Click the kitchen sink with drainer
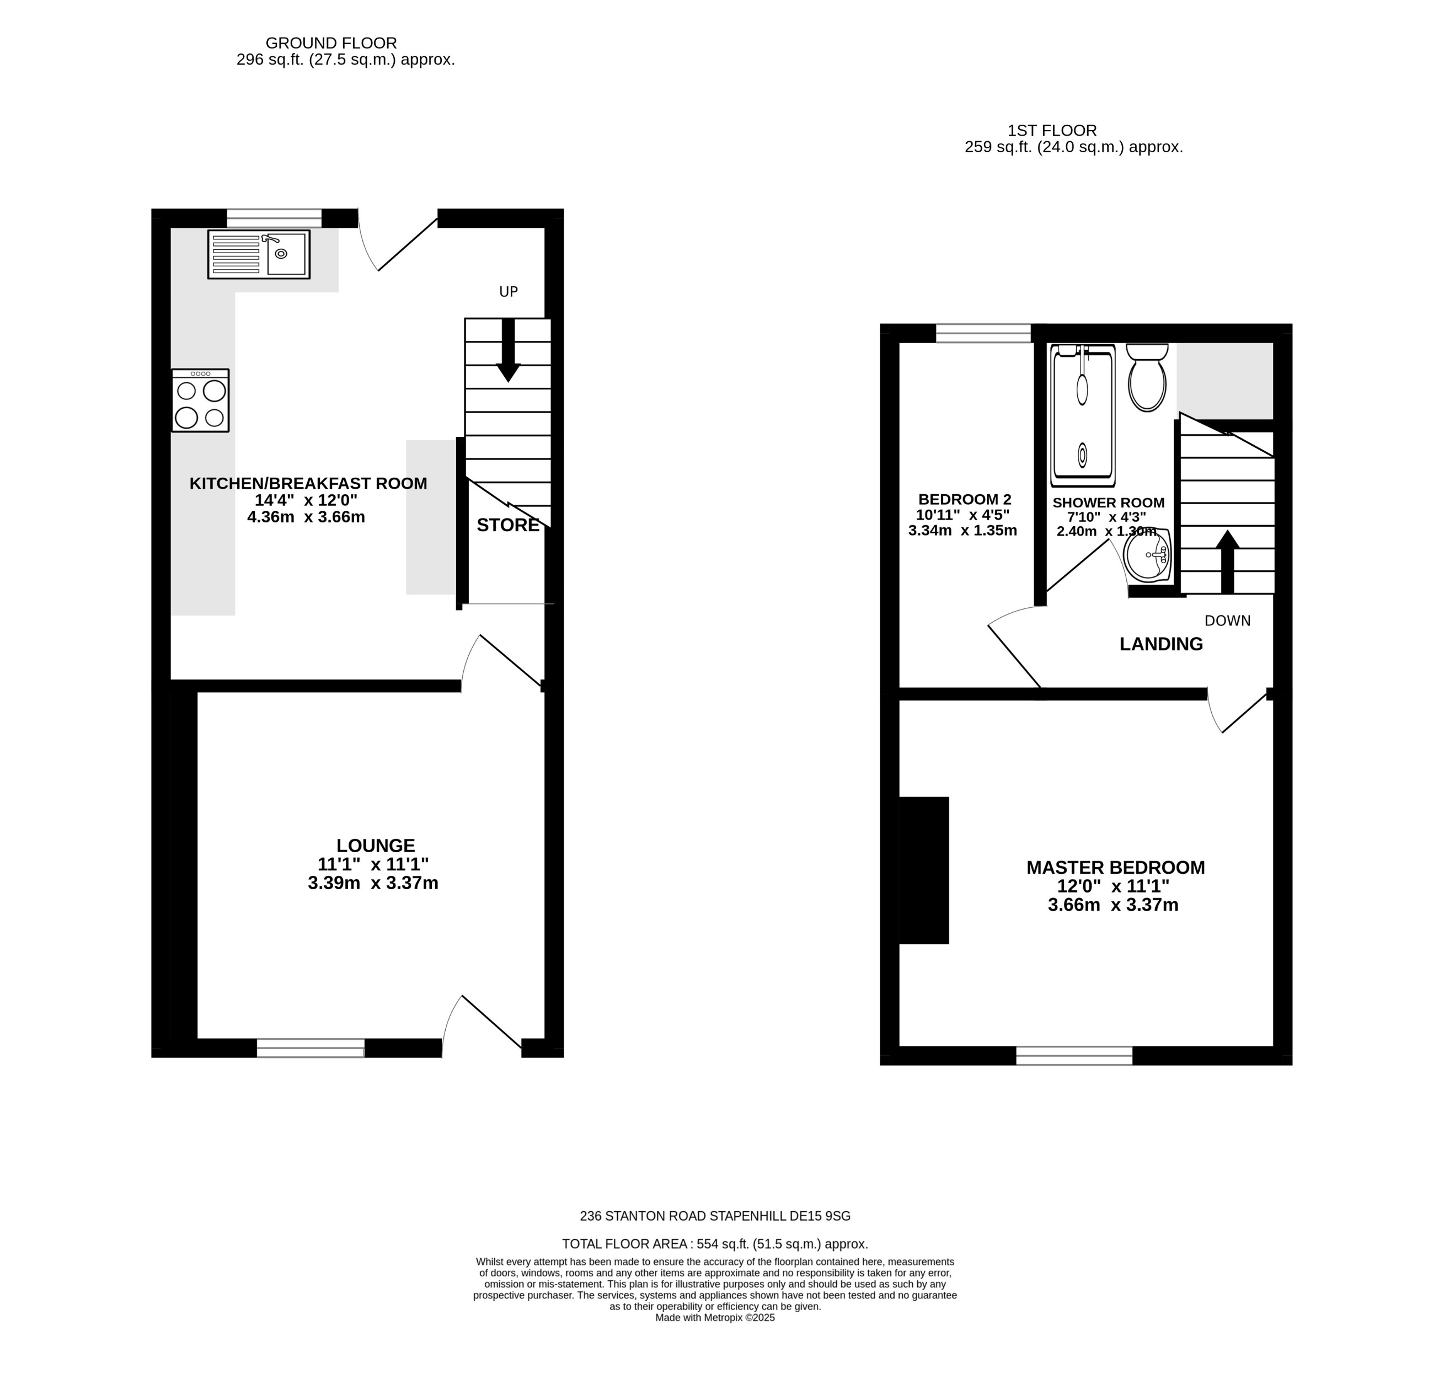pyautogui.click(x=259, y=254)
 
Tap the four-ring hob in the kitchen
pyautogui.click(x=200, y=400)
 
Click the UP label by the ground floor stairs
pyautogui.click(x=509, y=292)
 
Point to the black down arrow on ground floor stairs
pyautogui.click(x=507, y=351)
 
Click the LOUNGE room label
pyautogui.click(x=376, y=846)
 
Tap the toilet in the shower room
pyautogui.click(x=1147, y=377)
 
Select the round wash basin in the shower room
pyautogui.click(x=1148, y=555)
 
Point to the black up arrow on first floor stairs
pyautogui.click(x=1227, y=562)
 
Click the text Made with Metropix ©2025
pyautogui.click(x=715, y=1318)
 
